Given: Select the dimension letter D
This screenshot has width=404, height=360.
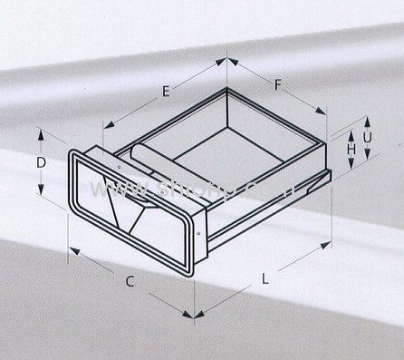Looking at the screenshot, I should coord(42,162).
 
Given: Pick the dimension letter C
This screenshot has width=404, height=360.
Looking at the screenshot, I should coord(130,281).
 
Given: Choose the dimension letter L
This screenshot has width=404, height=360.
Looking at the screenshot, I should coord(265,280).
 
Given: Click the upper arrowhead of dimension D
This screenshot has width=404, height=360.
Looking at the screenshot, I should coord(42,132).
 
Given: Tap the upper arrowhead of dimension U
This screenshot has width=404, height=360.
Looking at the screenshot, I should coord(368,118).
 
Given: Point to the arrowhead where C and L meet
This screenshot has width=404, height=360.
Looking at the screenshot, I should coord(191,315).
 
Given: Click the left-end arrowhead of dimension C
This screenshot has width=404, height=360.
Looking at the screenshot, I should coord(72,248).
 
